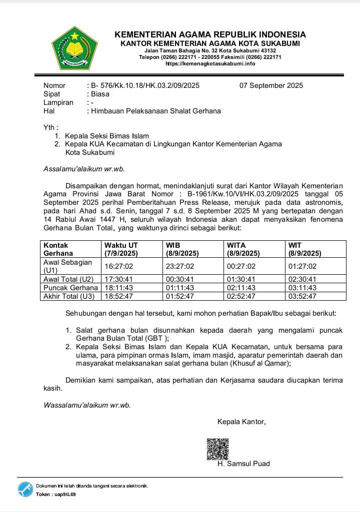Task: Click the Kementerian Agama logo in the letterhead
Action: [x=74, y=49]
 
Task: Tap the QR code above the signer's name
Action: [x=217, y=449]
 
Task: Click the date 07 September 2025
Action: [x=271, y=85]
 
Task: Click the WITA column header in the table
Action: [x=243, y=249]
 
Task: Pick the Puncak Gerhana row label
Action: [x=70, y=288]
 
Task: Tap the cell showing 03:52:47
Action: [x=302, y=296]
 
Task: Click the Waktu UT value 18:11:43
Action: [x=118, y=288]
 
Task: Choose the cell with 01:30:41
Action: [x=241, y=279]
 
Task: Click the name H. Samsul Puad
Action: [x=243, y=464]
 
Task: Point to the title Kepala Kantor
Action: [x=241, y=422]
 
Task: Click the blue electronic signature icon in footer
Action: [x=25, y=490]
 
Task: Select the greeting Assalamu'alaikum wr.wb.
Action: [x=84, y=169]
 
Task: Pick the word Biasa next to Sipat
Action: [x=100, y=94]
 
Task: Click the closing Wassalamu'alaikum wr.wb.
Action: [x=87, y=405]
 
